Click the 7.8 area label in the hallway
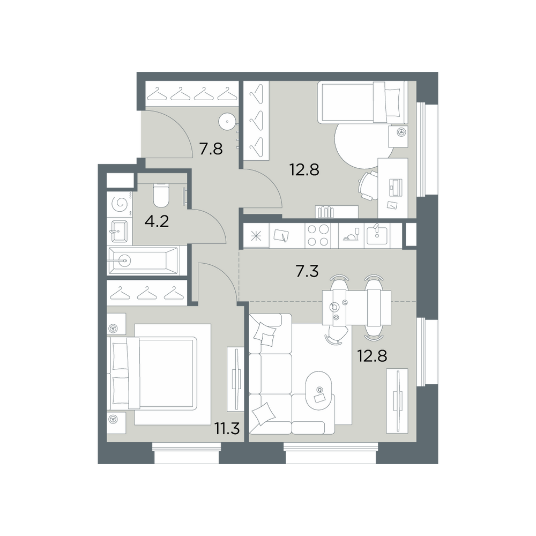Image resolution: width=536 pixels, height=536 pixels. point(211,148)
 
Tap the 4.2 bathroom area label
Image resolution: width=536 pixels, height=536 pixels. point(157,221)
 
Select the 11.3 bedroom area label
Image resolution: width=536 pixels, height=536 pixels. point(227,428)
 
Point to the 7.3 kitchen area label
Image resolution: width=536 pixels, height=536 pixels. point(307,271)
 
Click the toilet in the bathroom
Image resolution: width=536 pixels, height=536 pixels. point(161,196)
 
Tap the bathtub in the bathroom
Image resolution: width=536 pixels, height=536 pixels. point(143,260)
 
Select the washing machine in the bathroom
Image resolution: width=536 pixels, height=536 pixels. point(120,204)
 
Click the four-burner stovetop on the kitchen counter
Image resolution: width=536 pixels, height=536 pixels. point(318,235)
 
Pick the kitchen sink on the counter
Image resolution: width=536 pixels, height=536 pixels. point(377,235)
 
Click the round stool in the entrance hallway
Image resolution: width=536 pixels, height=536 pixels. point(227,121)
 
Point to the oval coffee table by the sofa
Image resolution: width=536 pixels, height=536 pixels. point(318,390)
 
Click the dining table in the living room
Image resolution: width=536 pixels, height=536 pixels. point(356,307)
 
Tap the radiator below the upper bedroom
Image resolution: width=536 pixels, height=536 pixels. point(325,212)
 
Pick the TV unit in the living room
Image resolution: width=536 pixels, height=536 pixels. point(397,400)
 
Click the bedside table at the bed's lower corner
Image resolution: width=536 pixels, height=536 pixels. point(116,423)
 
